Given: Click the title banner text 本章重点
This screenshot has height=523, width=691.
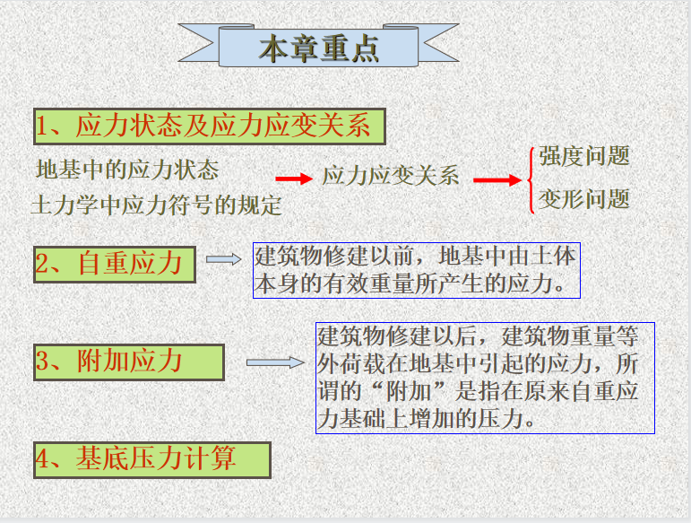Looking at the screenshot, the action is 319,48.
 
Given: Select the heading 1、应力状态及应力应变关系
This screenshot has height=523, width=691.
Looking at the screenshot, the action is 203,126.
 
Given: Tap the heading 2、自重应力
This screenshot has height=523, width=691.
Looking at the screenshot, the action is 108,264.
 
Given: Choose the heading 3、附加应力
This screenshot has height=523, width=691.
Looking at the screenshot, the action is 108,362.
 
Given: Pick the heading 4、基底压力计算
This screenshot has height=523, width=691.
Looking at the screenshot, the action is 135,458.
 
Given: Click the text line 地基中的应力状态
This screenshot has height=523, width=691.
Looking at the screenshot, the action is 127,170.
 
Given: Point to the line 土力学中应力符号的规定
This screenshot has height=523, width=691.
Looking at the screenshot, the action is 157,205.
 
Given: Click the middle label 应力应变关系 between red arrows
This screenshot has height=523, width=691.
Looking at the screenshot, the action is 391,176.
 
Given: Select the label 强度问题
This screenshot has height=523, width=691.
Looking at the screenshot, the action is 584,156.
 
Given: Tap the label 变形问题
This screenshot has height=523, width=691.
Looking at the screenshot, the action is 584,199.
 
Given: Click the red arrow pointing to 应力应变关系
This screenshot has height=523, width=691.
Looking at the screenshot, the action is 294,179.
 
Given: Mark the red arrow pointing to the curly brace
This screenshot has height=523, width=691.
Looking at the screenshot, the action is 497,180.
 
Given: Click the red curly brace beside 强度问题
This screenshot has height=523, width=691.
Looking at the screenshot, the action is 530,180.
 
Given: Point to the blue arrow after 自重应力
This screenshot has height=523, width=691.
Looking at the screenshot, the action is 224,259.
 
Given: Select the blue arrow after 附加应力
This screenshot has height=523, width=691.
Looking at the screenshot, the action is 275,362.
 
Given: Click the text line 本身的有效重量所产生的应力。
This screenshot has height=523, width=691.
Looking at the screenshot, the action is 410,283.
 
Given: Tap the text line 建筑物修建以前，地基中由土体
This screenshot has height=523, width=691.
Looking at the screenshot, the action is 415,257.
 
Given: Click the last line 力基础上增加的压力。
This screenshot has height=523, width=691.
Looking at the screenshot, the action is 426,418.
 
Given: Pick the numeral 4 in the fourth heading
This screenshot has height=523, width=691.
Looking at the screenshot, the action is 42,458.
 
